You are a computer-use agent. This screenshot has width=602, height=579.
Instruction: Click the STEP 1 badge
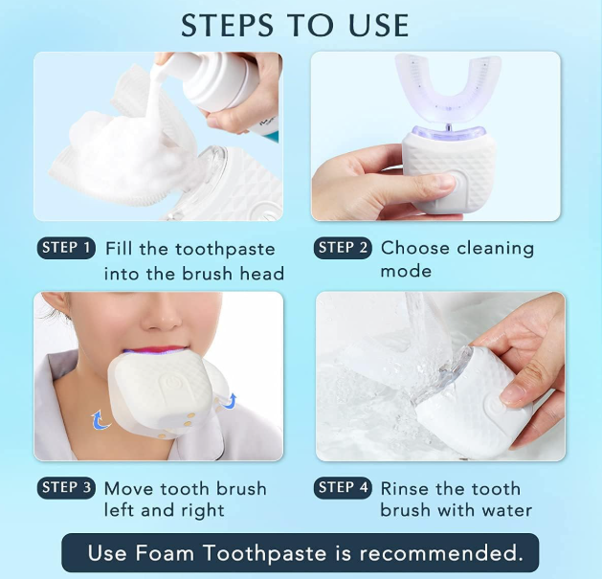tap(67, 249)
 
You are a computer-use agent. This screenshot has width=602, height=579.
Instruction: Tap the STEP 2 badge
tap(343, 248)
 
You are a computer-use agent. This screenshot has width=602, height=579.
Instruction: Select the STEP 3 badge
tap(67, 488)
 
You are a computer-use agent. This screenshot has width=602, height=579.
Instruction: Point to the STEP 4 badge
tap(343, 488)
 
